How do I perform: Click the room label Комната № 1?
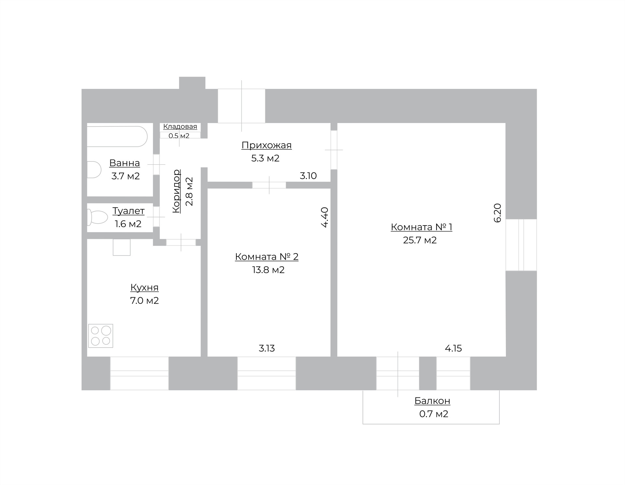click(421, 227)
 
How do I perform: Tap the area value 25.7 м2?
click(420, 240)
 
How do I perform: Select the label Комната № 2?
click(267, 257)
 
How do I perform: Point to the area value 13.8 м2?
click(268, 270)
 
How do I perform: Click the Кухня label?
click(144, 287)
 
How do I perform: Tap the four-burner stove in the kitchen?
click(101, 336)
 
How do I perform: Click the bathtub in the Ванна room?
click(117, 136)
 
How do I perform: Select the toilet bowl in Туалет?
click(97, 217)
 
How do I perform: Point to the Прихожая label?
click(266, 145)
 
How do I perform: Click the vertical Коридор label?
click(176, 191)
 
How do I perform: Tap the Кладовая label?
click(180, 126)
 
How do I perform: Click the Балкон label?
click(432, 401)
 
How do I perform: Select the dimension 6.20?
click(497, 213)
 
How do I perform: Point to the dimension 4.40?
click(325, 217)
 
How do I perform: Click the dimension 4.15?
click(453, 348)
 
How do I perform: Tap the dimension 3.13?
click(267, 348)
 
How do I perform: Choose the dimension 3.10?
click(308, 176)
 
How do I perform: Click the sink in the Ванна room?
click(94, 170)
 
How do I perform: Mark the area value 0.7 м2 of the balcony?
click(434, 414)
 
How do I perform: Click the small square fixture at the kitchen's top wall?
click(122, 247)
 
